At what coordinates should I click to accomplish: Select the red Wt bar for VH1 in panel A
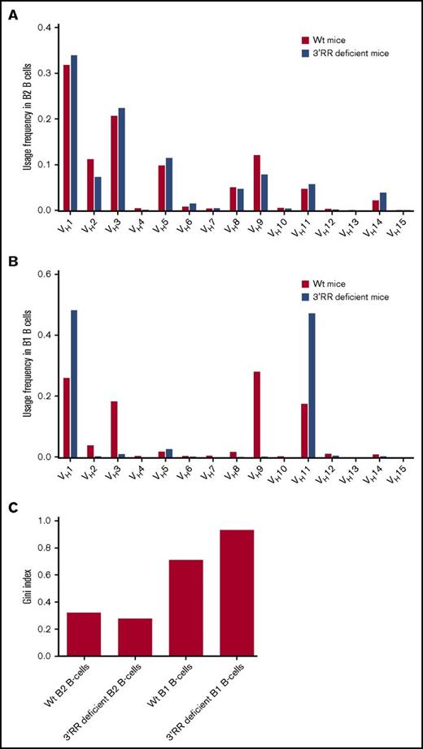click(x=66, y=137)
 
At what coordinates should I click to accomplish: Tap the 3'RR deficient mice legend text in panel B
click(x=351, y=297)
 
